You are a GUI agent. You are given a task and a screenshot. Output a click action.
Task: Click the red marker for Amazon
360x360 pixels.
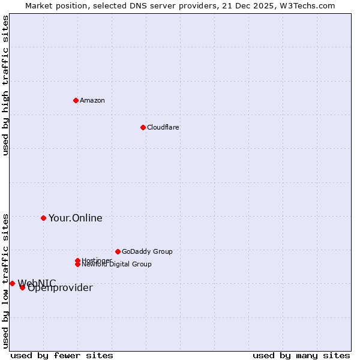click(76, 100)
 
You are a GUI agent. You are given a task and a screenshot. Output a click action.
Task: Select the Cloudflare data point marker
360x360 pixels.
click(143, 127)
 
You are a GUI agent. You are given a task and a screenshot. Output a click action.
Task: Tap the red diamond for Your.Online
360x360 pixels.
click(43, 218)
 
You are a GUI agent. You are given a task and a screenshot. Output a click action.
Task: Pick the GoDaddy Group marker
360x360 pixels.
click(118, 251)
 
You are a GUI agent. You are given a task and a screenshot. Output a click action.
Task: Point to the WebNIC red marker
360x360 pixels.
click(12, 283)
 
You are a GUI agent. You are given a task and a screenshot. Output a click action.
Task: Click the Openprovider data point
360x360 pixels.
click(22, 287)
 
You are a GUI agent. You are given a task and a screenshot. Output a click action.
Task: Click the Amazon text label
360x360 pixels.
click(92, 100)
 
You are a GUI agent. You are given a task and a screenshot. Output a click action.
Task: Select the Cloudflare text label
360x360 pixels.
click(163, 127)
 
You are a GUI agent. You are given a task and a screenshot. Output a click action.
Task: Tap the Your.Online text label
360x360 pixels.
click(75, 218)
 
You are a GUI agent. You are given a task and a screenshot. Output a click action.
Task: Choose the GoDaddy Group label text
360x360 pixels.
click(147, 251)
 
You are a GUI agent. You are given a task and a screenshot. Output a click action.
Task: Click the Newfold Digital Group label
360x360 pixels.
click(116, 264)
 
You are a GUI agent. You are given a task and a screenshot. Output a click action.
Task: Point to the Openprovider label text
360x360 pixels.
click(60, 288)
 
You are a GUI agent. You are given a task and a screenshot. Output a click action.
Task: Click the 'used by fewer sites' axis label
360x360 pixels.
click(62, 355)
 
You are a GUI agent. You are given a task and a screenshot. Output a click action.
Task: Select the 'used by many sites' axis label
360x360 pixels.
click(301, 355)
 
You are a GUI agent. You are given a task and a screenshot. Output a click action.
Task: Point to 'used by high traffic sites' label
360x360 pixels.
click(5, 85)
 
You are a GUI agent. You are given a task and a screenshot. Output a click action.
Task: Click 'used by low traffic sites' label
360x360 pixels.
click(5, 281)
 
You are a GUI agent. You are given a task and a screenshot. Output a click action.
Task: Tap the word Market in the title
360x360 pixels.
click(39, 5)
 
